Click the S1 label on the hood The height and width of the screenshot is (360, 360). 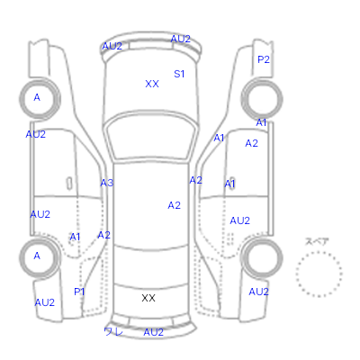(x=179, y=74)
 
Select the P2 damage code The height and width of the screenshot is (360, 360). (x=264, y=59)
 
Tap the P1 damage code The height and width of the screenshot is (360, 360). (x=79, y=292)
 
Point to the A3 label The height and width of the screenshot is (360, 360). (x=107, y=183)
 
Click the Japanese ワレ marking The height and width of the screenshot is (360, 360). (x=113, y=331)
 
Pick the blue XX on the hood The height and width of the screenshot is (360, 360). (x=152, y=84)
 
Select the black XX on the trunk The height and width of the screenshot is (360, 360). (x=148, y=298)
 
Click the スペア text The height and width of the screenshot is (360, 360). (x=317, y=241)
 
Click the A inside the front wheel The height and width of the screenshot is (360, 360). (x=37, y=97)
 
